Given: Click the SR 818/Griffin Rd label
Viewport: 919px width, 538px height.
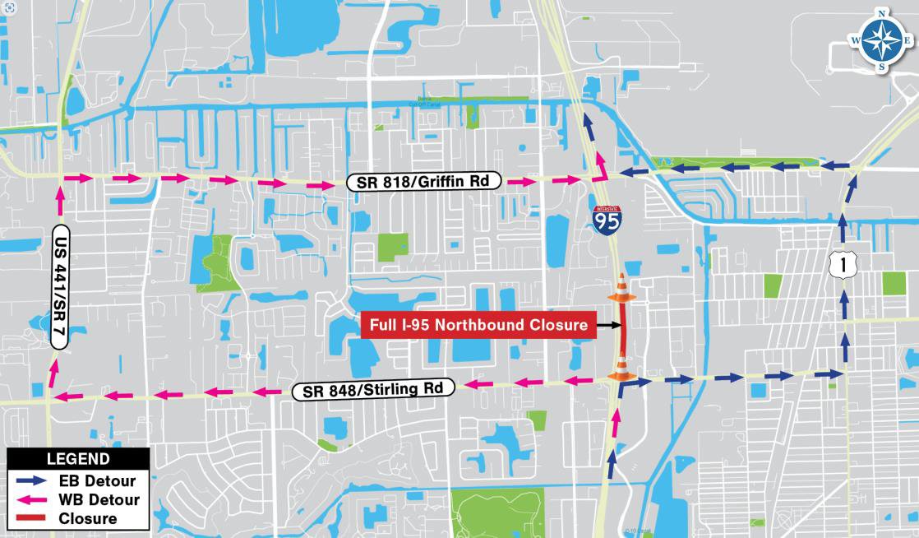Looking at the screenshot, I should (423, 183).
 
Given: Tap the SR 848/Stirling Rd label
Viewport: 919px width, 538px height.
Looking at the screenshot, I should (373, 389).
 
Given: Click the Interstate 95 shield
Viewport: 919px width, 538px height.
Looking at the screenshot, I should (607, 217).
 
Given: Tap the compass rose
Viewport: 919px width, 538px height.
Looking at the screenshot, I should (881, 39).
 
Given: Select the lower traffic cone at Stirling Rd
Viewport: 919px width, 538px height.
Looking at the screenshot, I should (622, 368).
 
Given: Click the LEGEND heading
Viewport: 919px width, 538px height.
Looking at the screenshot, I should (78, 459).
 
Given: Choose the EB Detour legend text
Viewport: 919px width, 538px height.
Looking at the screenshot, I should (97, 480).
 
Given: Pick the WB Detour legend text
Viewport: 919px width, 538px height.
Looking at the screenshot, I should (99, 499).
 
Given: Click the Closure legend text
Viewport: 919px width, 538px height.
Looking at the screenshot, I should (88, 518).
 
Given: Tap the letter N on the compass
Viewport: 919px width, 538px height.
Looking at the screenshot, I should (881, 13).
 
